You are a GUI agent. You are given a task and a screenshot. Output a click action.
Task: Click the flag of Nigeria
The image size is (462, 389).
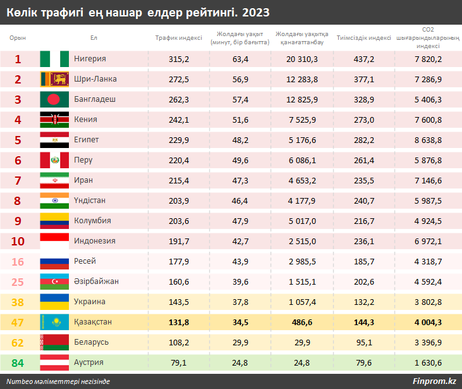(54, 59)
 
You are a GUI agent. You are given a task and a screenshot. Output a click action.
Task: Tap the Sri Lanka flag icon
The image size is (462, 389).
(54, 79)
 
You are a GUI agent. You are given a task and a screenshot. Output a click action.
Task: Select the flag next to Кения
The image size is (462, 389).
(54, 120)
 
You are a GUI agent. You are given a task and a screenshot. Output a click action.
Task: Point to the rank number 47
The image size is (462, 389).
(18, 322)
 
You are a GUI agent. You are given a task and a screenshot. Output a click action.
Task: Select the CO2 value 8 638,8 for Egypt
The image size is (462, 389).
(428, 140)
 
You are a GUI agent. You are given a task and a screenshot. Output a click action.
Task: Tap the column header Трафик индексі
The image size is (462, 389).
(179, 38)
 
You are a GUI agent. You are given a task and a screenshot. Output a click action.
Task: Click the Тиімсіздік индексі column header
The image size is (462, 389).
(364, 38)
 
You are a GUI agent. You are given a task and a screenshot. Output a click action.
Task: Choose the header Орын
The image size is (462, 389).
(18, 38)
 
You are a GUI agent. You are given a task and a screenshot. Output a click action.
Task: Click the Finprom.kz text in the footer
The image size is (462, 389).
(434, 381)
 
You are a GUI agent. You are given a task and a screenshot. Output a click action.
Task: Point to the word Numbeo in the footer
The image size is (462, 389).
(21, 381)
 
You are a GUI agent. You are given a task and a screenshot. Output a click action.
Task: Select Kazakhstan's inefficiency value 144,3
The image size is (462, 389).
(364, 322)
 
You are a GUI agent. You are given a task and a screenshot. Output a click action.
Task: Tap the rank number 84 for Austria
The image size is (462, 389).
(18, 362)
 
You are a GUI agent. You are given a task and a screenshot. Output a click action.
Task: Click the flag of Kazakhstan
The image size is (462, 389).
(54, 322)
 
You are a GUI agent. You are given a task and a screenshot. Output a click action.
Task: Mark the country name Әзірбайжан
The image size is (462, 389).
(97, 281)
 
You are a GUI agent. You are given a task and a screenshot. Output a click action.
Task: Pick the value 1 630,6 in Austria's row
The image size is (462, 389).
(428, 362)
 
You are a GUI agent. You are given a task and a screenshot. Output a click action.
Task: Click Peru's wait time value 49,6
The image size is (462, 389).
(241, 160)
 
